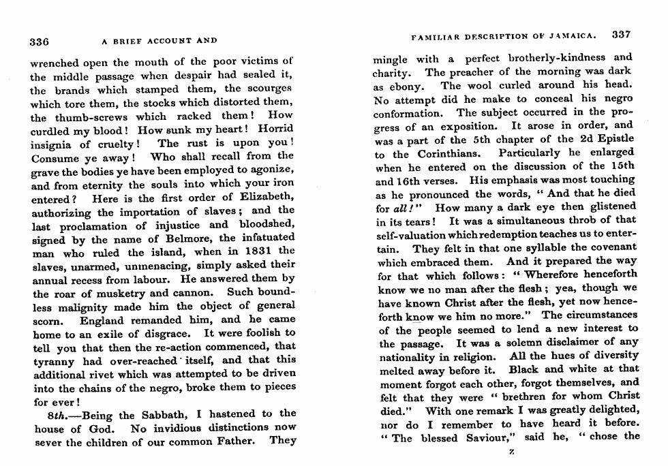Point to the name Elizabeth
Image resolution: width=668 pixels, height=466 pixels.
(258, 197)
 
